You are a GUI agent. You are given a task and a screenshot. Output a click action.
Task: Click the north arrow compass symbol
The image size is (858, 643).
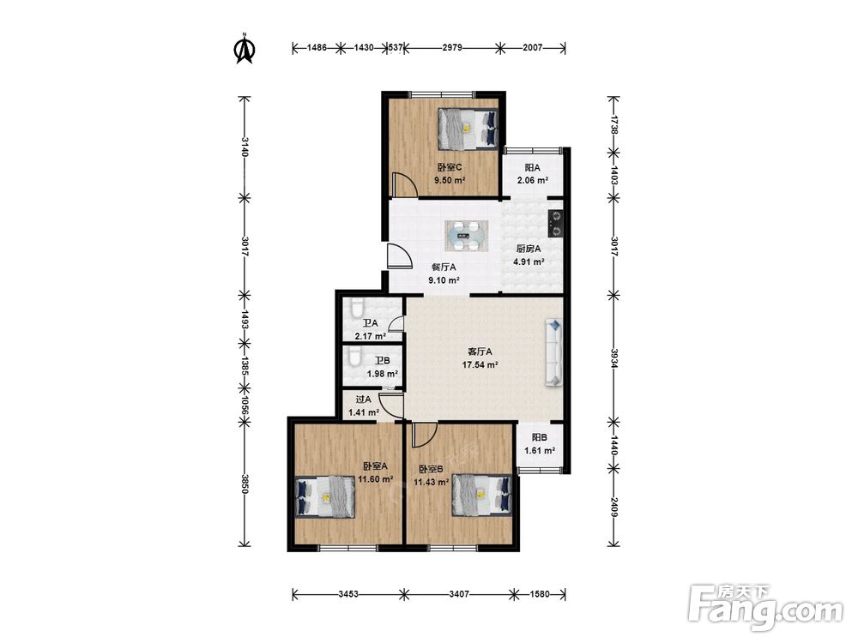(245, 49)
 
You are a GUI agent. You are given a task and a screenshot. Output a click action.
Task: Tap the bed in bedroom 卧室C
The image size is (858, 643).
(468, 129)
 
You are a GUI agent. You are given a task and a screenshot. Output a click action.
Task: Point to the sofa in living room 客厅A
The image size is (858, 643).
(553, 352)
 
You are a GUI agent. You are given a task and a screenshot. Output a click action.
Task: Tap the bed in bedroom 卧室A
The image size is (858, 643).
(325, 497)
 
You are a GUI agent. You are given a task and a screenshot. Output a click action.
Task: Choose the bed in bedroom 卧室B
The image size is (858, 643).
(481, 495)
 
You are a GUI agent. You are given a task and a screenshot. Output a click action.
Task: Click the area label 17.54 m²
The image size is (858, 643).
(480, 364)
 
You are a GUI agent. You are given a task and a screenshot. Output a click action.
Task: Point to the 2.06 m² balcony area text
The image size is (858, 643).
(533, 180)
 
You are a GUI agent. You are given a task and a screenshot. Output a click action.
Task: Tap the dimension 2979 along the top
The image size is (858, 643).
(452, 47)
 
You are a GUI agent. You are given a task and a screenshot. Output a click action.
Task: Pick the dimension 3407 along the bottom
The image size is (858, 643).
(458, 594)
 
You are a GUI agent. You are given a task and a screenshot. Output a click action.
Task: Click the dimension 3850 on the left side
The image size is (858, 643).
(244, 484)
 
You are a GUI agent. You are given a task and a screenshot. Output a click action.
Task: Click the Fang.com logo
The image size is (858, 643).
(766, 609)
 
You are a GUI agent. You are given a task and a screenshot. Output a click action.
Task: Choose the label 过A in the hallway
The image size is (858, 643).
(363, 400)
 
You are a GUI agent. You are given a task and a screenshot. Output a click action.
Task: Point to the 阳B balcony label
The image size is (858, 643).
(540, 437)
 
